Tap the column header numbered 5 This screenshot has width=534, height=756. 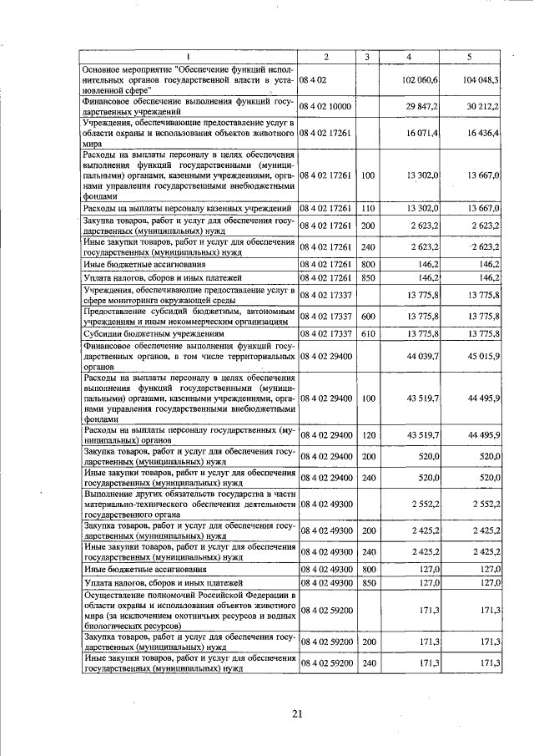point(470,56)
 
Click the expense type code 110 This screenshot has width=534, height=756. point(367,207)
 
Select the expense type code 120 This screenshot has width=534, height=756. point(367,434)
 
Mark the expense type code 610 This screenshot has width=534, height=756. point(367,333)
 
